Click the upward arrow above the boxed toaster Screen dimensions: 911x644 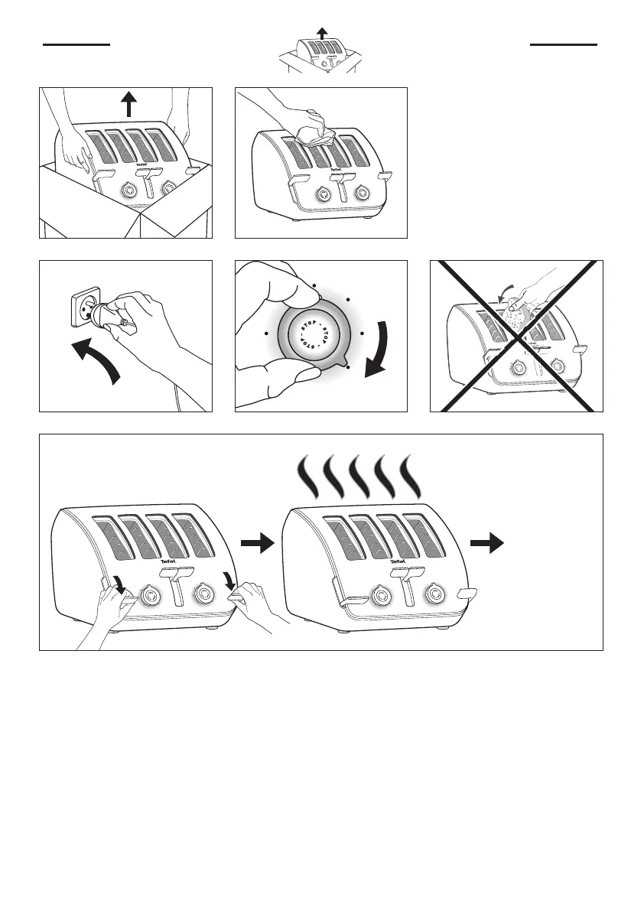[x=129, y=104]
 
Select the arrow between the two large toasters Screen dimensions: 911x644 [x=257, y=544]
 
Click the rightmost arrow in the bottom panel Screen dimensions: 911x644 [x=486, y=544]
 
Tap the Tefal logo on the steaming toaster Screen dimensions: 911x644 [x=398, y=561]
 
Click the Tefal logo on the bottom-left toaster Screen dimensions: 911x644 [x=168, y=561]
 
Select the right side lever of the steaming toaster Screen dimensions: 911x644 [x=467, y=593]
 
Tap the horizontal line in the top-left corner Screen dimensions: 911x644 [x=77, y=44]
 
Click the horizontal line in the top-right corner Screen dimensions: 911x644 [x=564, y=44]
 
